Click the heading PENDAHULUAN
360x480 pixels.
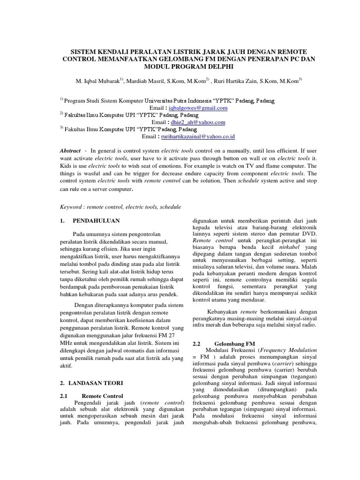(96, 221)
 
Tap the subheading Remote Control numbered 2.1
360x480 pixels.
(102, 396)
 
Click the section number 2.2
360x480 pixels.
(197, 343)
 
